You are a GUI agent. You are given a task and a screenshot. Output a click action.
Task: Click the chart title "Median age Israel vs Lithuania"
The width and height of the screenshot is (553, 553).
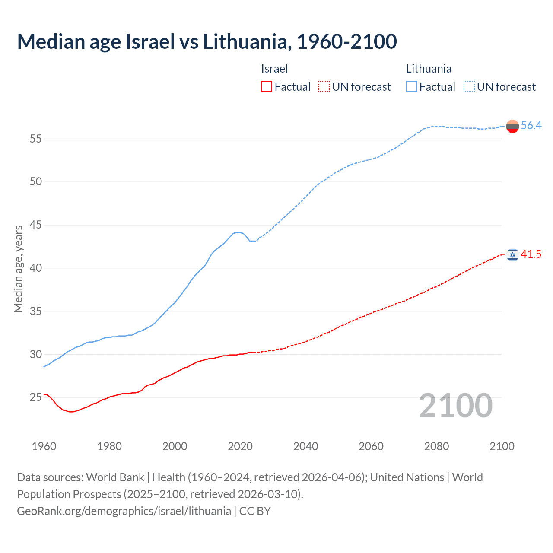coord(207,41)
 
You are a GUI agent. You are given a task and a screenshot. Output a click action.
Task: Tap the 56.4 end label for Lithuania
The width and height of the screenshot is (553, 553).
coord(531,125)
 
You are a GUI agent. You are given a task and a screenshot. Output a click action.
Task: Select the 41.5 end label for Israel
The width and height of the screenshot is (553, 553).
coord(531,254)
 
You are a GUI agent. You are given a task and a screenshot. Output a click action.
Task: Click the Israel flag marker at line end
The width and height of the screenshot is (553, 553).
coord(512,255)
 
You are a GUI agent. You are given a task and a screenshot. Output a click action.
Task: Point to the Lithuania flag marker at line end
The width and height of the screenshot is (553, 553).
coord(512,126)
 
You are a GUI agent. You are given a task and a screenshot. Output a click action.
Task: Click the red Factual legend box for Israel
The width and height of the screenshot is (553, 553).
coord(267,87)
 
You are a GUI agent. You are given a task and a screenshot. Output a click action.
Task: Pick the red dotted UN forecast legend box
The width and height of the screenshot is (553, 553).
coord(324,87)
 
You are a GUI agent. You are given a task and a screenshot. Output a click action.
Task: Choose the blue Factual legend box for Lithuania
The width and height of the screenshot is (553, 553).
coord(411,87)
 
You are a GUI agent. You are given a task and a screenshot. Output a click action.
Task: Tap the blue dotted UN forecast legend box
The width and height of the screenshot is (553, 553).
coord(469,87)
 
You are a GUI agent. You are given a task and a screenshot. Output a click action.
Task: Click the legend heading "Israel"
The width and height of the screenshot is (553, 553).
coord(274,69)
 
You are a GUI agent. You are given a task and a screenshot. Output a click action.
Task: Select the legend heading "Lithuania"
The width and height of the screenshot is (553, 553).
coord(429,69)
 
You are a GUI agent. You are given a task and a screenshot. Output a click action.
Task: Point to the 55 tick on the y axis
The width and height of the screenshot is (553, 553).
coord(36,139)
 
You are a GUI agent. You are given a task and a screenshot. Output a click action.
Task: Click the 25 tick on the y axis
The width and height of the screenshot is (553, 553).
coord(36,397)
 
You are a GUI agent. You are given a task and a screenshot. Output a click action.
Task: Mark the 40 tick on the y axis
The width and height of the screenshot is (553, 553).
coord(36,268)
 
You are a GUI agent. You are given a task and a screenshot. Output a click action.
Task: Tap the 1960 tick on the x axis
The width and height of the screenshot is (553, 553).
coord(44,446)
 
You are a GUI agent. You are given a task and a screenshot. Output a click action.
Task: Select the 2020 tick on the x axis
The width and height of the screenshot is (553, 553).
coord(240,446)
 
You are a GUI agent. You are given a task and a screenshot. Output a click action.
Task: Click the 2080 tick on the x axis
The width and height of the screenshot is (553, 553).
coord(436,446)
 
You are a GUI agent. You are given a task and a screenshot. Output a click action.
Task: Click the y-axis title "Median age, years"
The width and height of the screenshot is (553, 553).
coord(18,269)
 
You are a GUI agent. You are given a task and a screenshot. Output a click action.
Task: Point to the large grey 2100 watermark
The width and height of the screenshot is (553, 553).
coord(455,405)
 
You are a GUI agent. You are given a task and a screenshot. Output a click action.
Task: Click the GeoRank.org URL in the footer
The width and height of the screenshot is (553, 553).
coord(124,511)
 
